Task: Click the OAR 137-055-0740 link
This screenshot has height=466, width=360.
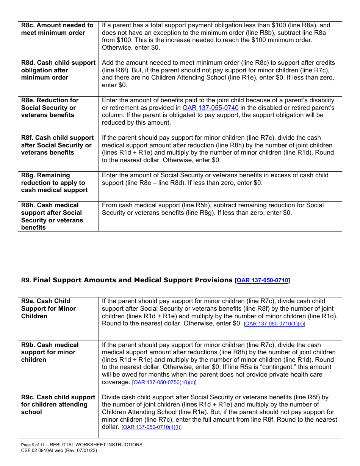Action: tap(210, 108)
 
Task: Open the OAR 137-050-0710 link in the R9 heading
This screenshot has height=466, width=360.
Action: tap(262, 281)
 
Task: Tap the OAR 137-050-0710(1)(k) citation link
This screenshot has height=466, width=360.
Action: tap(274, 324)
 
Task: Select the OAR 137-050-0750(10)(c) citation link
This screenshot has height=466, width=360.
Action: tap(164, 383)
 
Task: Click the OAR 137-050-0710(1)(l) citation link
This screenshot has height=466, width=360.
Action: tap(151, 427)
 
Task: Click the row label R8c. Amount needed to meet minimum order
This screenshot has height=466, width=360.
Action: tap(57, 29)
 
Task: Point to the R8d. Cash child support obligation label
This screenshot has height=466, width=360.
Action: tap(58, 70)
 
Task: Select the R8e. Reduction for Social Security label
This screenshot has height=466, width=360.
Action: tap(50, 108)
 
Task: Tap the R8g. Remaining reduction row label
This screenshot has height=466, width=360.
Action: tap(54, 183)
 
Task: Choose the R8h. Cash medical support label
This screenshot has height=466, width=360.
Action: tap(52, 216)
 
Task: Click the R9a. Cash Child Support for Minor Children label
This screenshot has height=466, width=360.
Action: tap(49, 309)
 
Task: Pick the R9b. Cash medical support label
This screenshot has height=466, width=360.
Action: tap(50, 352)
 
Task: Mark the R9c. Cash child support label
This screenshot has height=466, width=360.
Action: tap(58, 405)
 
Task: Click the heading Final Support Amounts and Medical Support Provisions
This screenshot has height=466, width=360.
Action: tap(133, 280)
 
